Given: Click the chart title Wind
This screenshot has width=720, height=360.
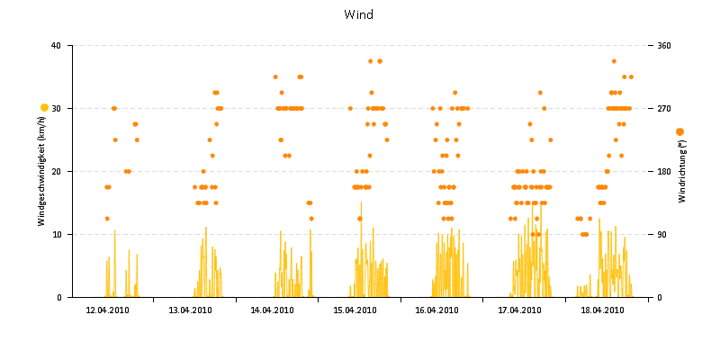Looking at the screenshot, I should pyautogui.click(x=358, y=14).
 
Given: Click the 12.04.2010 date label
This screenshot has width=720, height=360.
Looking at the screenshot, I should pyautogui.click(x=107, y=310).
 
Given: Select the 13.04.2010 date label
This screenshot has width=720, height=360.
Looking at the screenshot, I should pyautogui.click(x=190, y=310).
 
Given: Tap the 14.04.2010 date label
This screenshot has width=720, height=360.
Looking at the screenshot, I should pyautogui.click(x=272, y=310).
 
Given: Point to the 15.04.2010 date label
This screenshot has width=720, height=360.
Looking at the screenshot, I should pyautogui.click(x=355, y=310).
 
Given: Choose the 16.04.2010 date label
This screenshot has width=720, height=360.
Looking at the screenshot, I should pyautogui.click(x=436, y=310).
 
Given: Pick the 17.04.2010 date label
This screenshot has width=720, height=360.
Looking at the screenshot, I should pyautogui.click(x=519, y=310).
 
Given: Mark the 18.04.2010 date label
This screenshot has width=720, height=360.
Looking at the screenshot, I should pyautogui.click(x=602, y=310).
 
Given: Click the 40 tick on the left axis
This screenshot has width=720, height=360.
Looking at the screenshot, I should pyautogui.click(x=56, y=45).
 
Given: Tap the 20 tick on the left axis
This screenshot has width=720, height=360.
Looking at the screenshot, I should pyautogui.click(x=56, y=171).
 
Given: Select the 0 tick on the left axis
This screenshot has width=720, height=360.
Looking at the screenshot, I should pyautogui.click(x=58, y=297).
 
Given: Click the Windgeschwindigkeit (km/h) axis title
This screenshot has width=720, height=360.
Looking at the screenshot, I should pyautogui.click(x=42, y=172).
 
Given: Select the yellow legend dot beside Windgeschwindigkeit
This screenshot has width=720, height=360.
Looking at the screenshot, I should pyautogui.click(x=44, y=108).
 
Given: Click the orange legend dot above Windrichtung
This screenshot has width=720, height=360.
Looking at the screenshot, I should pyautogui.click(x=679, y=132).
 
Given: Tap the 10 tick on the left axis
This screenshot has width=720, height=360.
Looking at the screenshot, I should pyautogui.click(x=56, y=234).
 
